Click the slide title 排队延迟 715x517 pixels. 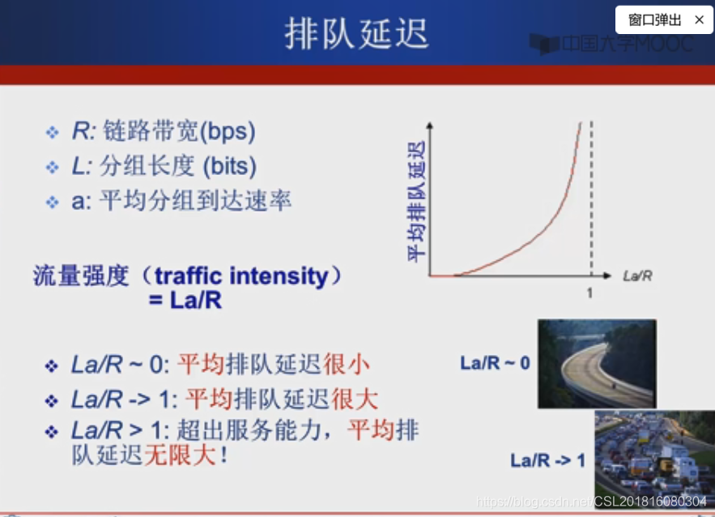click(356, 34)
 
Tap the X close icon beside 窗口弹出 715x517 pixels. click(699, 19)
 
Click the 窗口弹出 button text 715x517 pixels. click(654, 20)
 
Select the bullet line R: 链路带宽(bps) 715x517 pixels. click(163, 130)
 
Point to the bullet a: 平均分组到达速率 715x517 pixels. click(181, 201)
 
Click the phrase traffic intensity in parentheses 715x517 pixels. click(240, 276)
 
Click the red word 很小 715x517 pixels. click(347, 364)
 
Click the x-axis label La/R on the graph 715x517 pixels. click(637, 276)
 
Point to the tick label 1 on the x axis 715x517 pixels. click(589, 293)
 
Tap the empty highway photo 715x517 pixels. click(597, 363)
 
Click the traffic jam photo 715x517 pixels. click(654, 459)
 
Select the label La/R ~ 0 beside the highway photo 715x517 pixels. click(495, 363)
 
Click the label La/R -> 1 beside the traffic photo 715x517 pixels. click(547, 460)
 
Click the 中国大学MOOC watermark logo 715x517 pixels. click(611, 44)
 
